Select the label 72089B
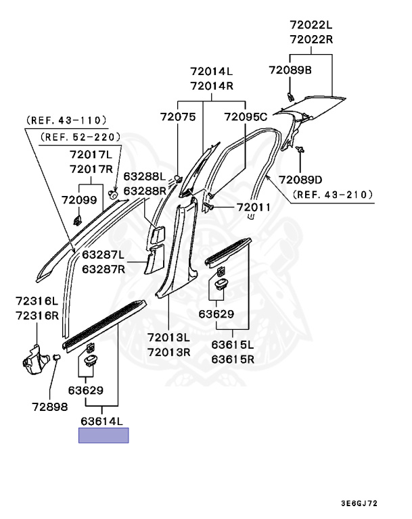pos(290,70)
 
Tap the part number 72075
pos(178,117)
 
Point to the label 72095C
pos(246,117)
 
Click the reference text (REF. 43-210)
pos(333,195)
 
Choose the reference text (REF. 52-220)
pos(81,137)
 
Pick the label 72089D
pos(301,179)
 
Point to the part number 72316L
pos(38,301)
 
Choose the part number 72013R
pos(168,351)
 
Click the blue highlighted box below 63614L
pos(104,435)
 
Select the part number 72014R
pos(211,86)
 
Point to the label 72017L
pos(93,155)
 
